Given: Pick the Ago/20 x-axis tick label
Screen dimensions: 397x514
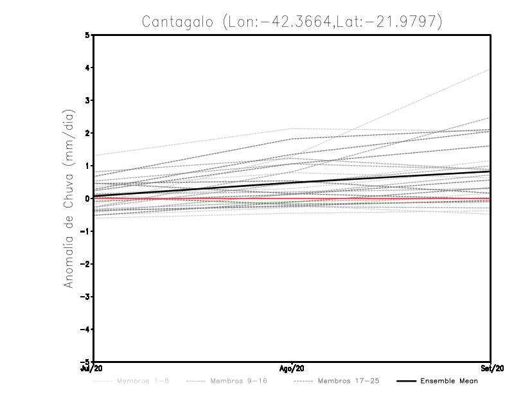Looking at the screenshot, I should coord(292,367).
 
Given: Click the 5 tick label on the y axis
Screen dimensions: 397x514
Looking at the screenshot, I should coord(87,35).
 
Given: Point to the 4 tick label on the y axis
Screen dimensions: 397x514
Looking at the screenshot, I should coord(87,67).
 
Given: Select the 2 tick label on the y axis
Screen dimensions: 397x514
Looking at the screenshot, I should coord(87,133).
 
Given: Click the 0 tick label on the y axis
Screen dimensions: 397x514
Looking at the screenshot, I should coord(87,198).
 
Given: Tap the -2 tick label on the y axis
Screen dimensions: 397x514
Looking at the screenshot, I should coord(86,264).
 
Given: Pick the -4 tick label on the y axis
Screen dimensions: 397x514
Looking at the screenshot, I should coord(86,330).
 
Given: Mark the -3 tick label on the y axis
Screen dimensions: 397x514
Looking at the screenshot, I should coord(86,297).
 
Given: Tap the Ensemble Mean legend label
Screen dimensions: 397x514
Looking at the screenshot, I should coord(449,382).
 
